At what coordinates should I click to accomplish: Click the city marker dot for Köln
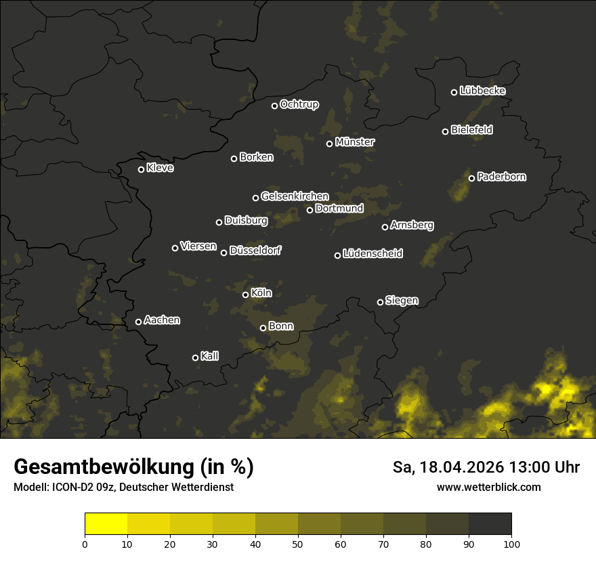(245, 295)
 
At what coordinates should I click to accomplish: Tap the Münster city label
(355, 142)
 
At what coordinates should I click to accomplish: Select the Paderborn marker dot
(471, 178)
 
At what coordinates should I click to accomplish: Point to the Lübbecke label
(482, 91)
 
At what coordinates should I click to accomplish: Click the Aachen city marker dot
(138, 322)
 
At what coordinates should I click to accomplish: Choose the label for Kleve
(160, 168)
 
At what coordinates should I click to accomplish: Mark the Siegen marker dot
(380, 302)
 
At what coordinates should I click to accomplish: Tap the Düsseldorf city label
(255, 251)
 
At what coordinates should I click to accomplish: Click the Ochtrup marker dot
(274, 106)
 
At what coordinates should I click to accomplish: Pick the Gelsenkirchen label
(295, 196)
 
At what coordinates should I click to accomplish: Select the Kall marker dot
(195, 358)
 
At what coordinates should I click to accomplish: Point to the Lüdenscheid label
(372, 254)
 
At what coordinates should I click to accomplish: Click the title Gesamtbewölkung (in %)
(133, 467)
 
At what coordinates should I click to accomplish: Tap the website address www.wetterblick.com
(489, 488)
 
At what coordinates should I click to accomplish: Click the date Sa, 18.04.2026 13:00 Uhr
(486, 467)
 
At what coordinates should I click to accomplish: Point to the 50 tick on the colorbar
(298, 543)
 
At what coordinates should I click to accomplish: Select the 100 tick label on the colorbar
(511, 543)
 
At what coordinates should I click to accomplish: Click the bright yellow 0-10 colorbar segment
(106, 524)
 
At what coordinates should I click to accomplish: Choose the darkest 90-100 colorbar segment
(490, 524)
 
